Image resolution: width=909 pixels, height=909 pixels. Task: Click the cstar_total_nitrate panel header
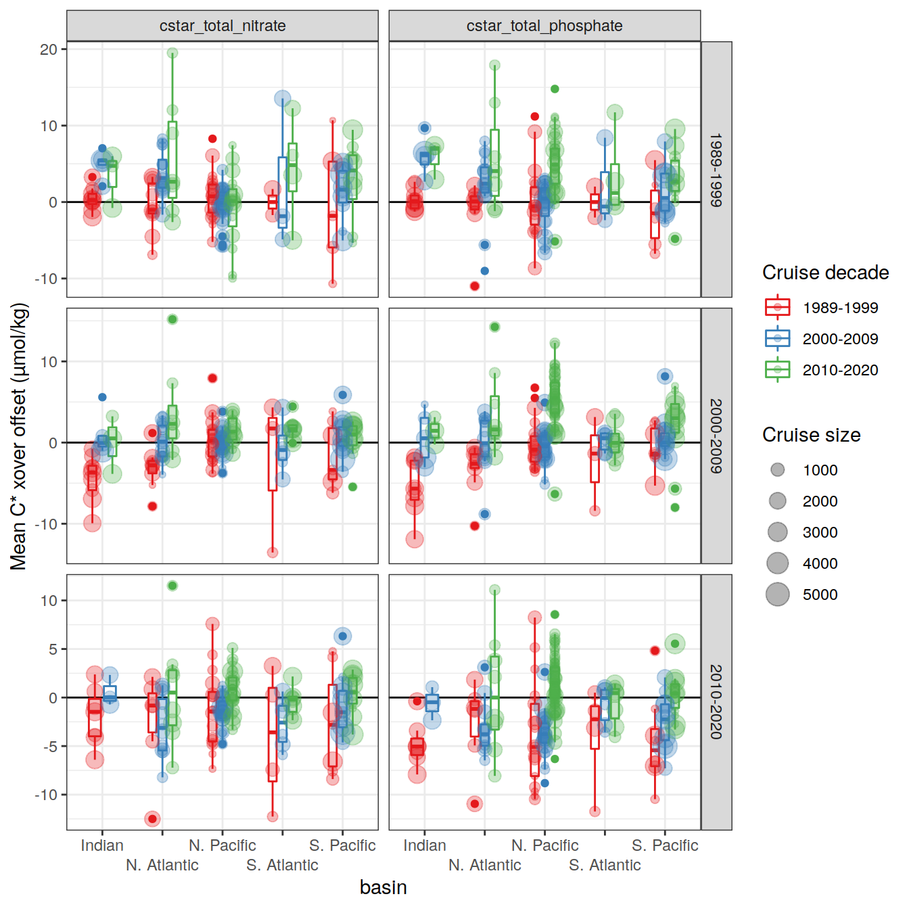click(223, 26)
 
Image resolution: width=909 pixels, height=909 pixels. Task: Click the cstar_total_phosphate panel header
click(544, 26)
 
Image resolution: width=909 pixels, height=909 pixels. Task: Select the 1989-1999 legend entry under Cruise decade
click(840, 308)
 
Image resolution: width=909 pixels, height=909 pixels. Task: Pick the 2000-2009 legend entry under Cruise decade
click(840, 339)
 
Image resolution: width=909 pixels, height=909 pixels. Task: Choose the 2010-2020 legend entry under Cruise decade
click(840, 370)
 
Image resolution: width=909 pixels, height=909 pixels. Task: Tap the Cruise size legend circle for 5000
click(778, 595)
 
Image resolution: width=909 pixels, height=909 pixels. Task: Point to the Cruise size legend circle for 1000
click(778, 470)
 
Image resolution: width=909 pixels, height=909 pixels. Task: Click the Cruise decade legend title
click(825, 273)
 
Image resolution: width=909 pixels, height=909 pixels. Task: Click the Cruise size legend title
click(811, 435)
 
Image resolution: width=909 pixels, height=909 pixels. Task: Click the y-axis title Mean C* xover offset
click(19, 436)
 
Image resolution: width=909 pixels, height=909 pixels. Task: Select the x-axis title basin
click(383, 887)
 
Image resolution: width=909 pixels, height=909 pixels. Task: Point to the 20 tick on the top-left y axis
click(49, 49)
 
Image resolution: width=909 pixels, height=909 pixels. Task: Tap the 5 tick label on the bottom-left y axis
click(53, 649)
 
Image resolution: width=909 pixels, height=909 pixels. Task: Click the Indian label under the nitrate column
click(102, 845)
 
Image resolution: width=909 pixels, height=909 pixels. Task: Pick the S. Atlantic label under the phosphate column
click(605, 865)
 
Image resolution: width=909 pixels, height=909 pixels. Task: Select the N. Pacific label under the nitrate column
click(223, 845)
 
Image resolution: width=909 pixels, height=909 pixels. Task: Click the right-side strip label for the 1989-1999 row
click(716, 170)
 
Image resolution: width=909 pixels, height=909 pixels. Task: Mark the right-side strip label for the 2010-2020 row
click(716, 702)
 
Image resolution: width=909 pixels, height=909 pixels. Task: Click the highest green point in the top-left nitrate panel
click(172, 53)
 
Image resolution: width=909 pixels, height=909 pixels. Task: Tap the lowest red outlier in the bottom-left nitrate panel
click(152, 819)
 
